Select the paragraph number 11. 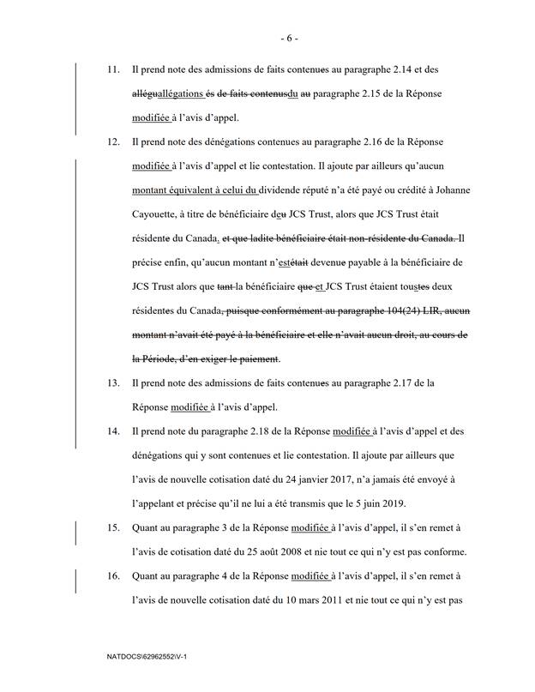coord(109,68)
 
